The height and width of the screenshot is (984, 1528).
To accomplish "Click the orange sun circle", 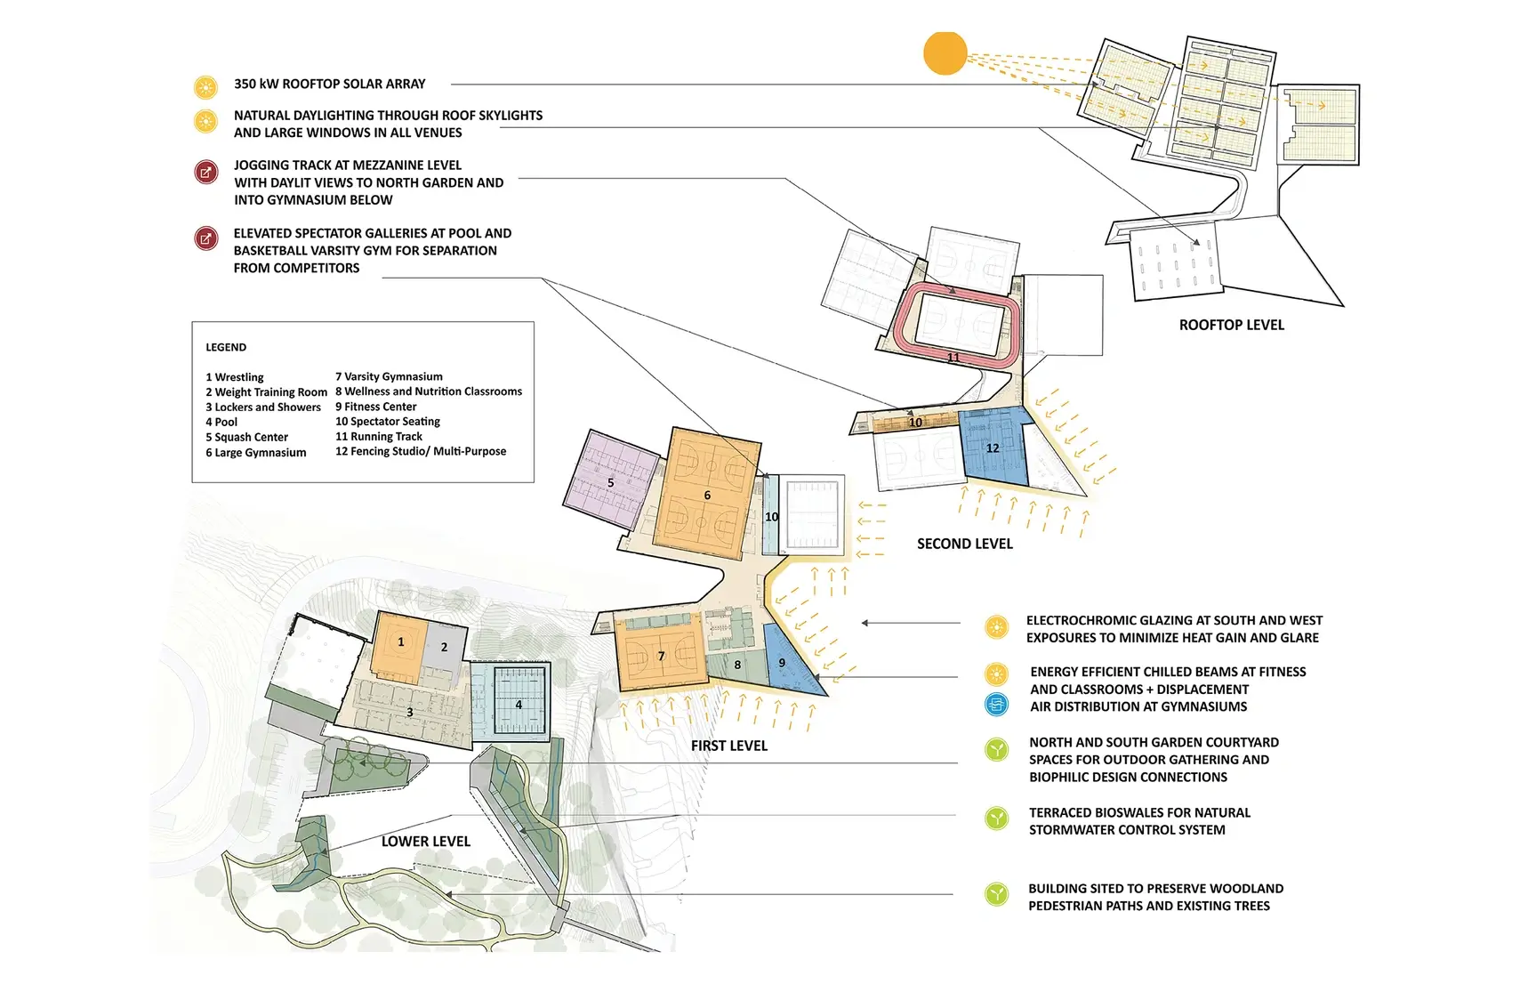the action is [x=945, y=52].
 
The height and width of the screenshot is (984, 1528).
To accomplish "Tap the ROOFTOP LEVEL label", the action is [x=1231, y=326].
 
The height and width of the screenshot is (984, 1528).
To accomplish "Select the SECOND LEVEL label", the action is [x=964, y=544].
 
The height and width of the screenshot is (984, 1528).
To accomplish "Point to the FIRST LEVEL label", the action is [x=728, y=746].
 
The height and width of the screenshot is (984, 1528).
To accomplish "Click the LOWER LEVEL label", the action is [x=425, y=842].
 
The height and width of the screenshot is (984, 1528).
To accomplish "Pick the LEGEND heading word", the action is [x=226, y=347].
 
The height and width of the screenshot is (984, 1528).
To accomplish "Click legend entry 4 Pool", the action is [x=221, y=422].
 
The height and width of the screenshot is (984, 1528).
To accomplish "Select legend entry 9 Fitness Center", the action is [x=375, y=407].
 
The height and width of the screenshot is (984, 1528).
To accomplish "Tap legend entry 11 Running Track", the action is [x=379, y=436].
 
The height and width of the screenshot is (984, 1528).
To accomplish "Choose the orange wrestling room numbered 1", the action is [x=399, y=642].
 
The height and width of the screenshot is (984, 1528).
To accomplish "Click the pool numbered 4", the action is [x=519, y=705].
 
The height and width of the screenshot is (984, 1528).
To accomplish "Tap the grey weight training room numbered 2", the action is [x=445, y=647].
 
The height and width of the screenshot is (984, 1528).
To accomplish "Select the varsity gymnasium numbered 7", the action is [x=660, y=656].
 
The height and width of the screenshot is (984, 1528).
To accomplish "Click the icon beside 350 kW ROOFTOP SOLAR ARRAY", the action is [x=205, y=87].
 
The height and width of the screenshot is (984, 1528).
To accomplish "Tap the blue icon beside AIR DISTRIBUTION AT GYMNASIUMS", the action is [x=996, y=705].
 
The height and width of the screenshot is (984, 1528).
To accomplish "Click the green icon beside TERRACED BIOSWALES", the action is [x=996, y=819].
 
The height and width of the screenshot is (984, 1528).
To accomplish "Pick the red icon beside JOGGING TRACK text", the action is [x=205, y=172].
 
